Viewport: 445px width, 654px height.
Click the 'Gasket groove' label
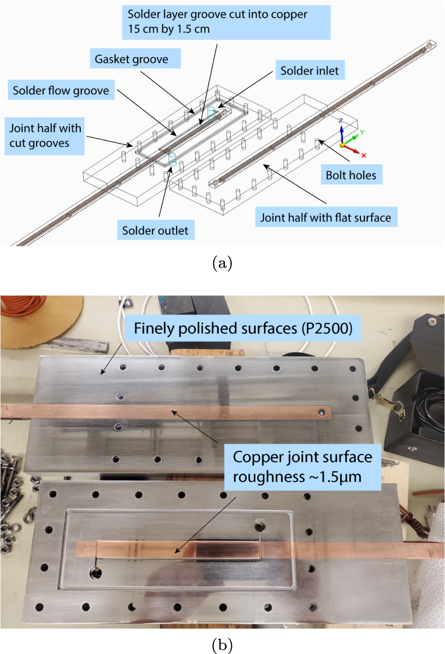point(135,59)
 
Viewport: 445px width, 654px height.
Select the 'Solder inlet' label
point(310,71)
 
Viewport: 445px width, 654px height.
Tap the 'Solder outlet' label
point(155,230)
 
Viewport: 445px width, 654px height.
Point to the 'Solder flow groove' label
point(61,90)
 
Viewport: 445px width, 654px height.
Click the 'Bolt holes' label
point(351,175)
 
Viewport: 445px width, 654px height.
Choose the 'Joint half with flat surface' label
point(326,217)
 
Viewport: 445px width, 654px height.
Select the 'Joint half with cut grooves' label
point(45,136)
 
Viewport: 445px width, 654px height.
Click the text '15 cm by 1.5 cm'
point(169,30)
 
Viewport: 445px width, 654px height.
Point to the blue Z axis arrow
point(342,132)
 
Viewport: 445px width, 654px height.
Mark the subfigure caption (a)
point(222,263)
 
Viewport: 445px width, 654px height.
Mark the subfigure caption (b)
point(222,645)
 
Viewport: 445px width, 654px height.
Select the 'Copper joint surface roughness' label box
point(302,467)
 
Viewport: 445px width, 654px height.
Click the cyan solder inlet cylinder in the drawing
point(211,114)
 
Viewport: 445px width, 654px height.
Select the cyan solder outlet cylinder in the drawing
point(172,159)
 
